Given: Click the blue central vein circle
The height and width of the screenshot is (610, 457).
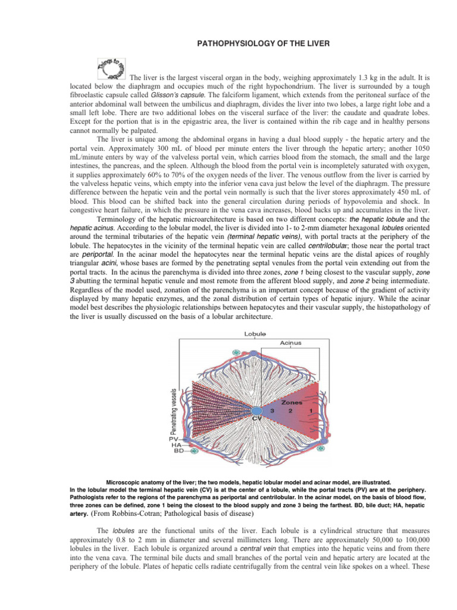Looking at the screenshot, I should (x=256, y=412).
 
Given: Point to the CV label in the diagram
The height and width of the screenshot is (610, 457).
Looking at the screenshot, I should (x=256, y=419).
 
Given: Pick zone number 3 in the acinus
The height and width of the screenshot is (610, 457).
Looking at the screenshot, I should (x=271, y=410).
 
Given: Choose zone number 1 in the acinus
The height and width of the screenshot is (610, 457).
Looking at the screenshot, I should (x=311, y=410).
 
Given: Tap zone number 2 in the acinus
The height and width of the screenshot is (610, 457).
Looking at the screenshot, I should (x=290, y=410).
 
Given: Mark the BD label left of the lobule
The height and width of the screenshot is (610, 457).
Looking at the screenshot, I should (x=178, y=451).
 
